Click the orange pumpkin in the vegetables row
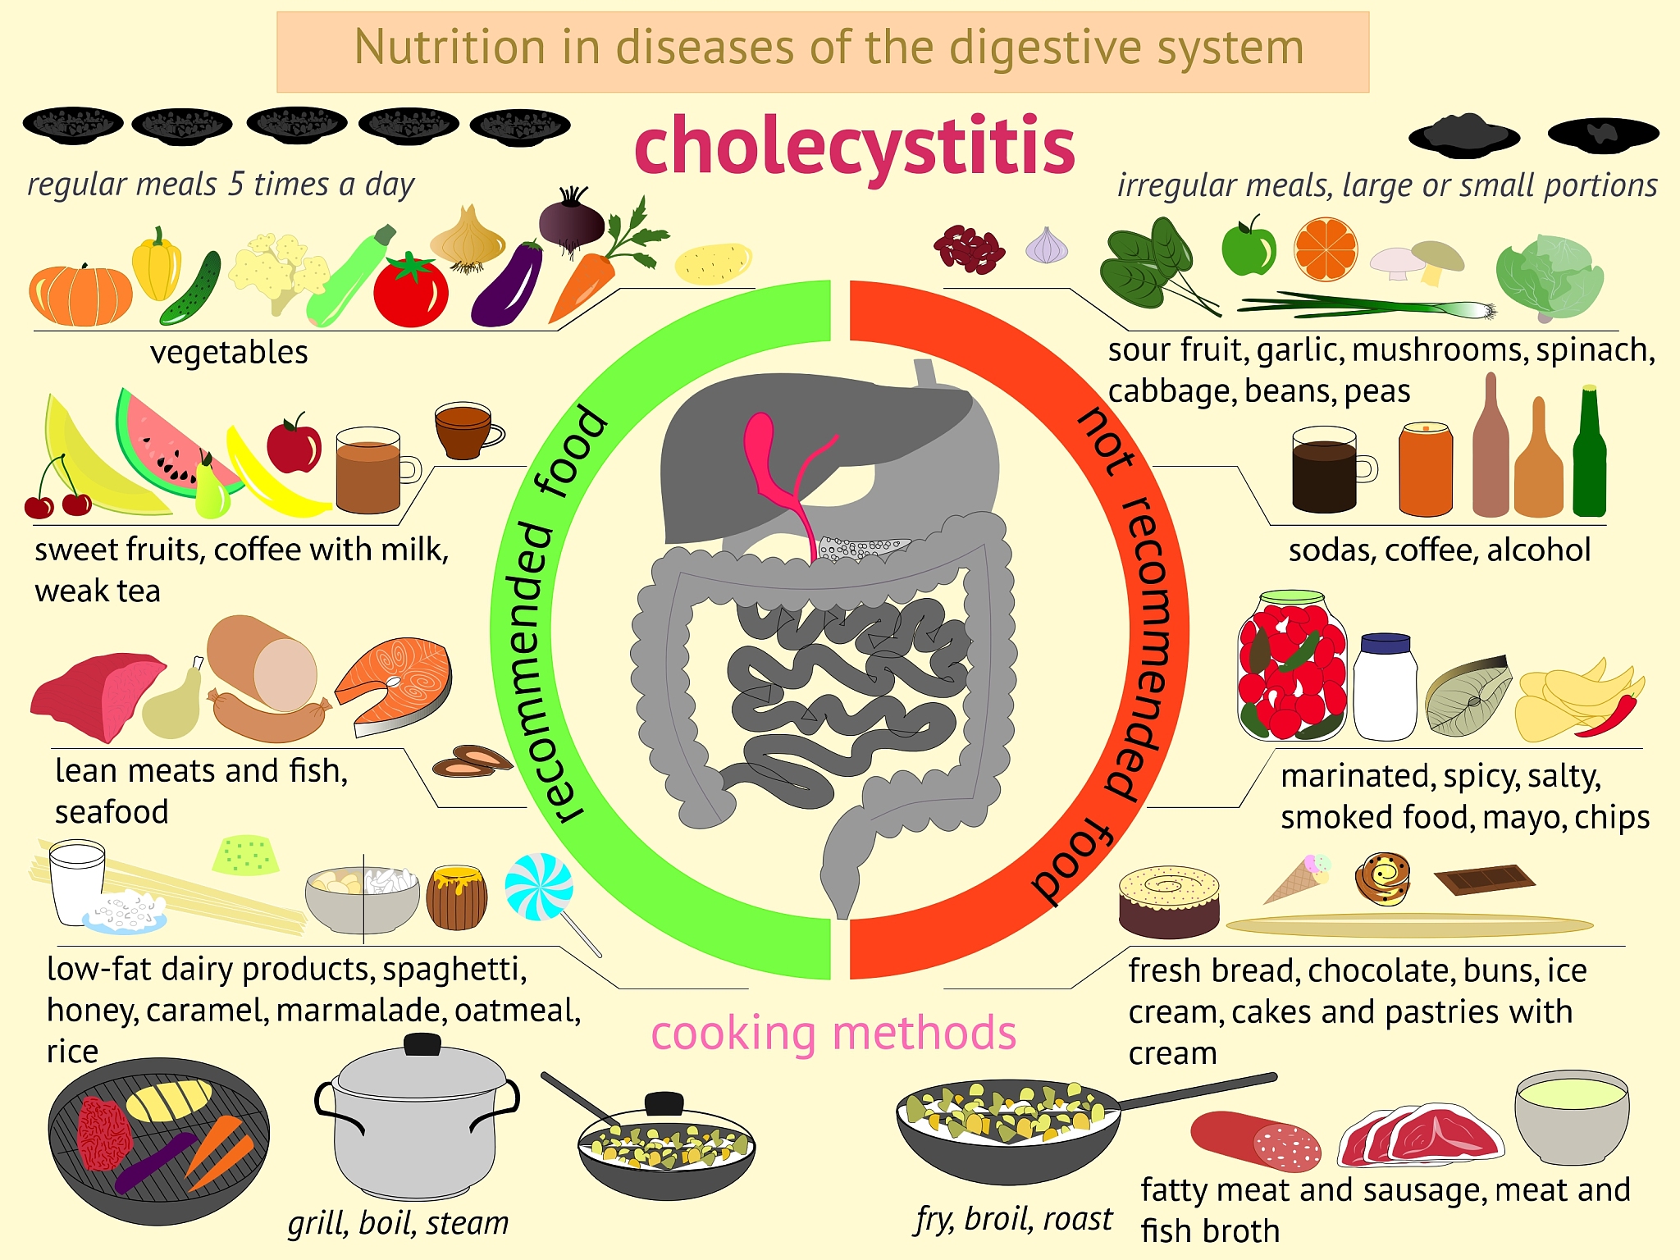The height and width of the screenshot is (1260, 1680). (80, 294)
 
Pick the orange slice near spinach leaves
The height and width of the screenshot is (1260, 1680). (1325, 249)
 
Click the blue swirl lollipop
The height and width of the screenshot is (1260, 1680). (538, 887)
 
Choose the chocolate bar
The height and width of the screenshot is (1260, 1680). (1485, 879)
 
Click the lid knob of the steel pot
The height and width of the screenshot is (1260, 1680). (422, 1044)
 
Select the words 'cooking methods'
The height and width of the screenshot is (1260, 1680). (833, 1033)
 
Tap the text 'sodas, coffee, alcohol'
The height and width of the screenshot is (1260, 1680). (1440, 550)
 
